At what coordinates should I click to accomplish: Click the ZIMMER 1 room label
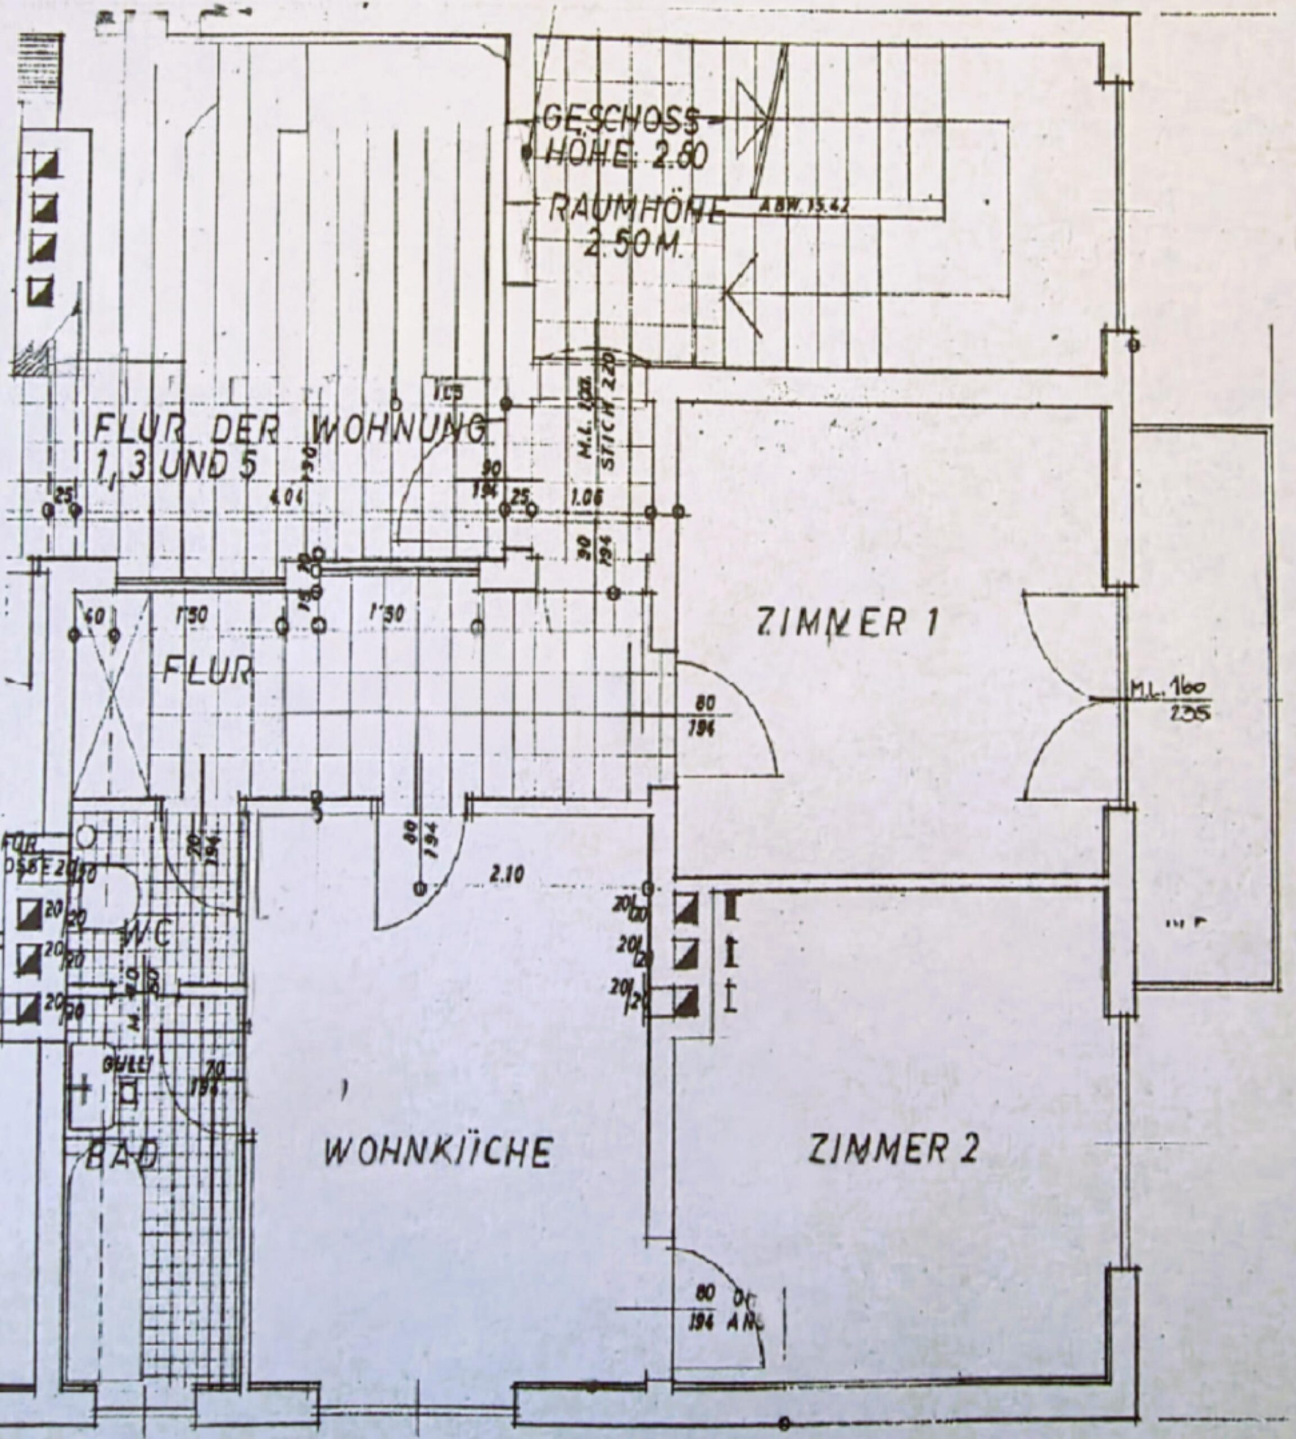847,624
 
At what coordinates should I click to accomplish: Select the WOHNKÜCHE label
437,1153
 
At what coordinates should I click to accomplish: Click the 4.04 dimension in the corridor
287,496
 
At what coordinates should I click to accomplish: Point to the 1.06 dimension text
588,497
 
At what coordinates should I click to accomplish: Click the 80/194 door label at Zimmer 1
705,715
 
